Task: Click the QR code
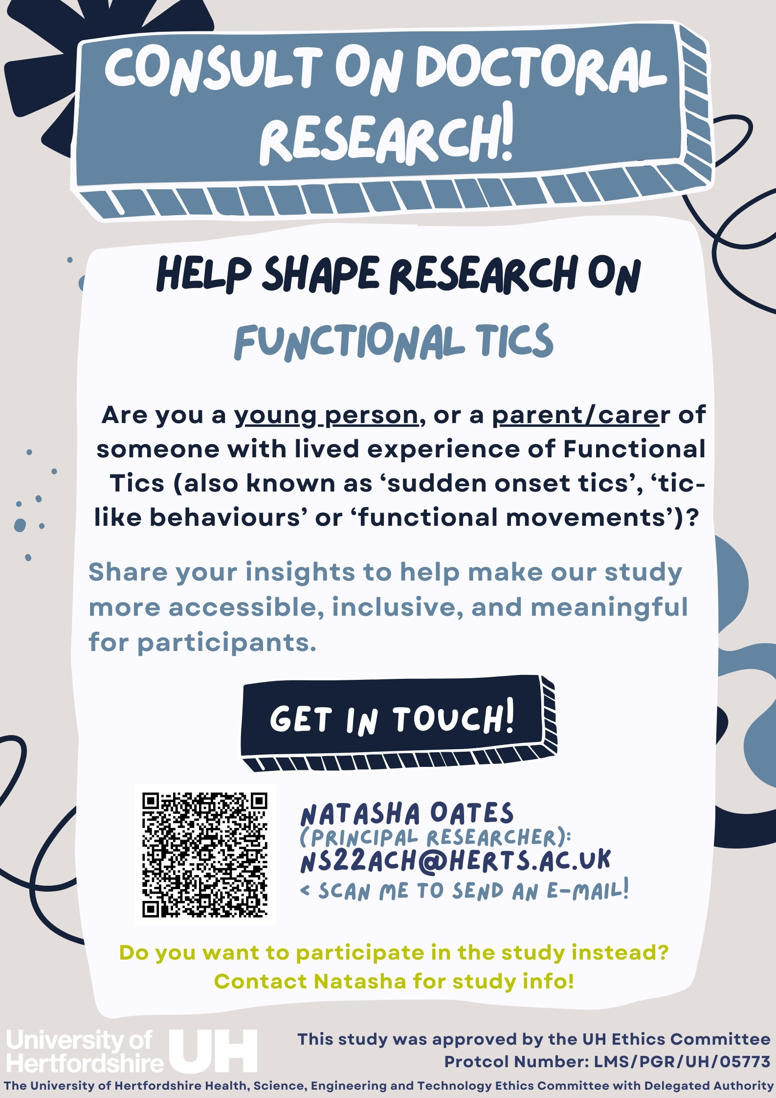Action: coord(205,855)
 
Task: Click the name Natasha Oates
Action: coord(407,814)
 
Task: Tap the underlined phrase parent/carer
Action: coord(576,415)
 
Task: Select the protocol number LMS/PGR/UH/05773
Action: coord(682,1061)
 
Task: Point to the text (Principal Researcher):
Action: coord(435,837)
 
